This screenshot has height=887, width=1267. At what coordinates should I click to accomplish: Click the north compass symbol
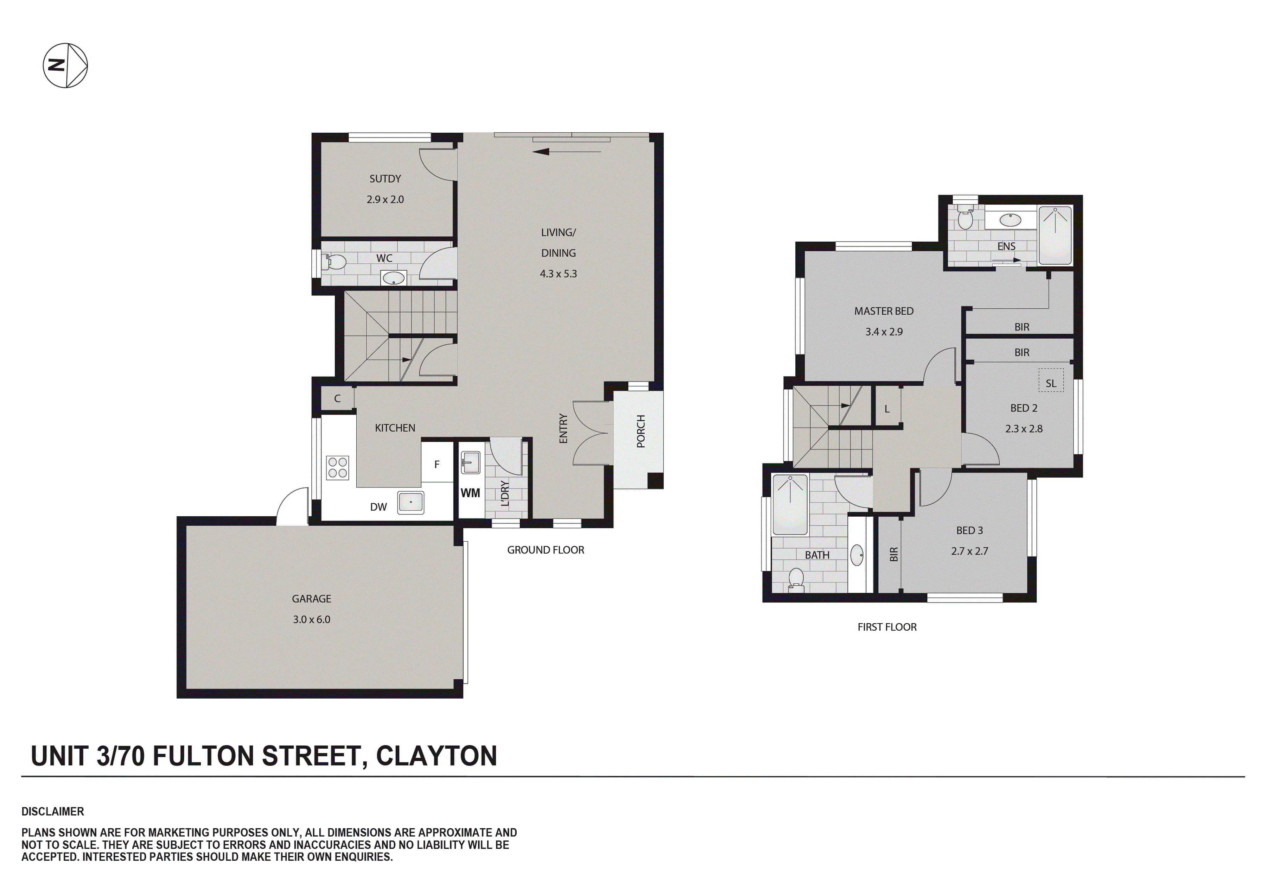click(x=65, y=65)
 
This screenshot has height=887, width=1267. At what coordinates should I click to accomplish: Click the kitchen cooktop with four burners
click(x=337, y=467)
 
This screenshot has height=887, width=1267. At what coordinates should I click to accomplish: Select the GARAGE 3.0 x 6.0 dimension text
click(x=311, y=620)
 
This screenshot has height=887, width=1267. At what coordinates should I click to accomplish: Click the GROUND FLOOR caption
click(x=545, y=550)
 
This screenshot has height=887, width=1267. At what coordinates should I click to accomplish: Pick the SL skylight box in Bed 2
click(x=1051, y=383)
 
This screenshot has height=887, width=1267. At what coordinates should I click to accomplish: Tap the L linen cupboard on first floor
click(x=887, y=409)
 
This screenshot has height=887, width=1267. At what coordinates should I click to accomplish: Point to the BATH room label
click(x=817, y=555)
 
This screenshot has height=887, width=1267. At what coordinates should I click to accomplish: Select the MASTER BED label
click(x=883, y=311)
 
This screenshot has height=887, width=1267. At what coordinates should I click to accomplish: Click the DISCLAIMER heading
click(x=53, y=811)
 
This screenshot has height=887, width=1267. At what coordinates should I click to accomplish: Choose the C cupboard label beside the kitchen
click(x=337, y=398)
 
